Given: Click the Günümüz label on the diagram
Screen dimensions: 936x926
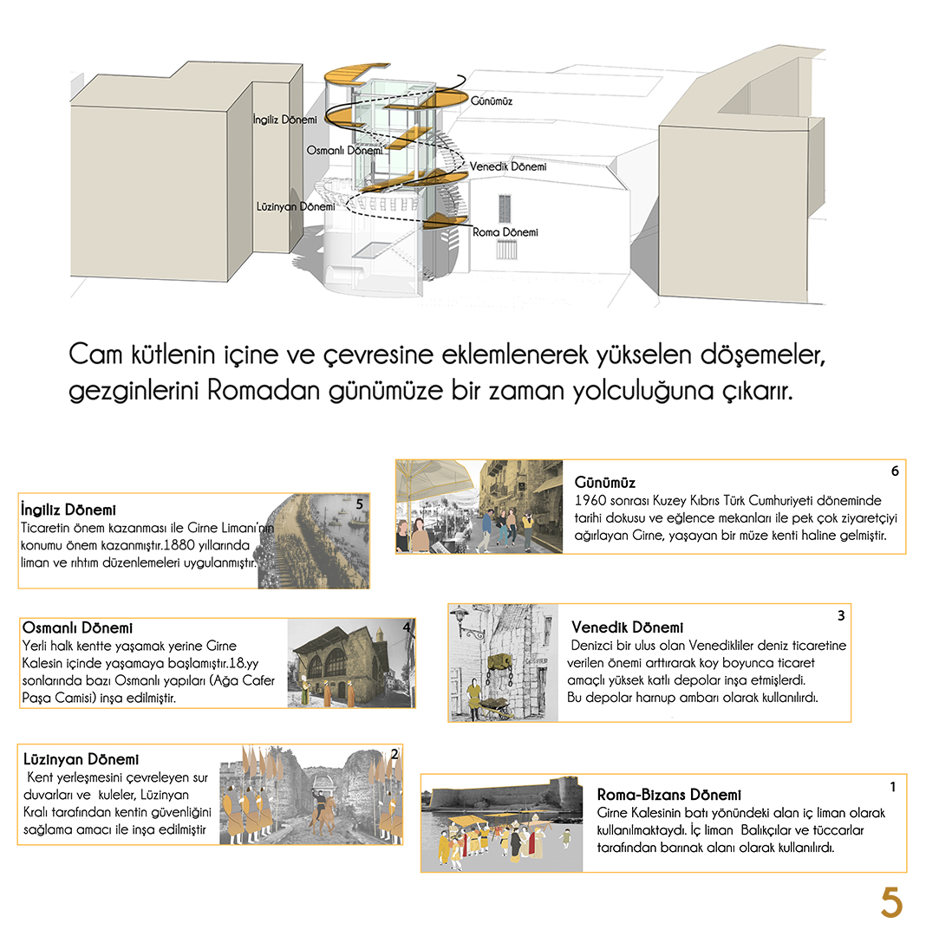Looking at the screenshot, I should [x=492, y=101].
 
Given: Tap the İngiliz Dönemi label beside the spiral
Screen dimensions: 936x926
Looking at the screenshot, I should [x=284, y=118].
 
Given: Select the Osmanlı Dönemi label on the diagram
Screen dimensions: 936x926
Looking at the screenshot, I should [x=344, y=150].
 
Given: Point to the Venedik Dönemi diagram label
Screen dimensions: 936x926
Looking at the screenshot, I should [x=508, y=166].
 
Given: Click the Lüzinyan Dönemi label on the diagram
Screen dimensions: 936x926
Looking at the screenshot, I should [x=296, y=207].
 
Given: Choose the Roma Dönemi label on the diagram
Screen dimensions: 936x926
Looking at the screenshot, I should [x=505, y=232].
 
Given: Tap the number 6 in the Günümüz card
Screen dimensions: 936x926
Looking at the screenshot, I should [x=894, y=471].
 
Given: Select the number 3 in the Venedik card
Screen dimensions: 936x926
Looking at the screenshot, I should [x=840, y=616].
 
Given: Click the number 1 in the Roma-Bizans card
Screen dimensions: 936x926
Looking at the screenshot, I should [x=892, y=787].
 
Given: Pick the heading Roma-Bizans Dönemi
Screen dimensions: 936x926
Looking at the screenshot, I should [x=668, y=795].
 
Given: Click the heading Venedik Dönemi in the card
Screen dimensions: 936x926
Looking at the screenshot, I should [x=627, y=627].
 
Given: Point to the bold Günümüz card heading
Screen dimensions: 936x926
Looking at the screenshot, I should [x=605, y=482].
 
